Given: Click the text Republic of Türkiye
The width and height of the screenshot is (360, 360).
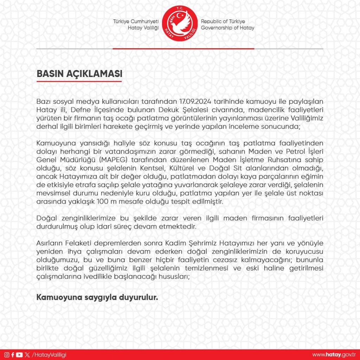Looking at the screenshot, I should [223, 21].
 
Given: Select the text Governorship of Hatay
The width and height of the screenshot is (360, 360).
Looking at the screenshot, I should [227, 28].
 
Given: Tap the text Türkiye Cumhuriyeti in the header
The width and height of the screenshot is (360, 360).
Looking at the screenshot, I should [136, 21].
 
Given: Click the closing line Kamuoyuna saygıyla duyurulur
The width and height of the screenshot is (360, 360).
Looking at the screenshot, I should [97, 297].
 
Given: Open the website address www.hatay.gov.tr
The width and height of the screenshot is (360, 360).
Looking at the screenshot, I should [334, 355].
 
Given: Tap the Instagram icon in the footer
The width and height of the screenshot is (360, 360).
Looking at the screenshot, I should [7, 355].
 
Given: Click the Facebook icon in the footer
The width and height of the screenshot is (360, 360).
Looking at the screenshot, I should [13, 355].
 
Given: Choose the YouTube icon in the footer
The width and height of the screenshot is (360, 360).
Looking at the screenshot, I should [19, 355].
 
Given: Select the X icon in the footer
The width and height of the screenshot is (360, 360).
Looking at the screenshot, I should [27, 355].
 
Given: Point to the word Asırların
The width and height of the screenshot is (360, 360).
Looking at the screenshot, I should [51, 244].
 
